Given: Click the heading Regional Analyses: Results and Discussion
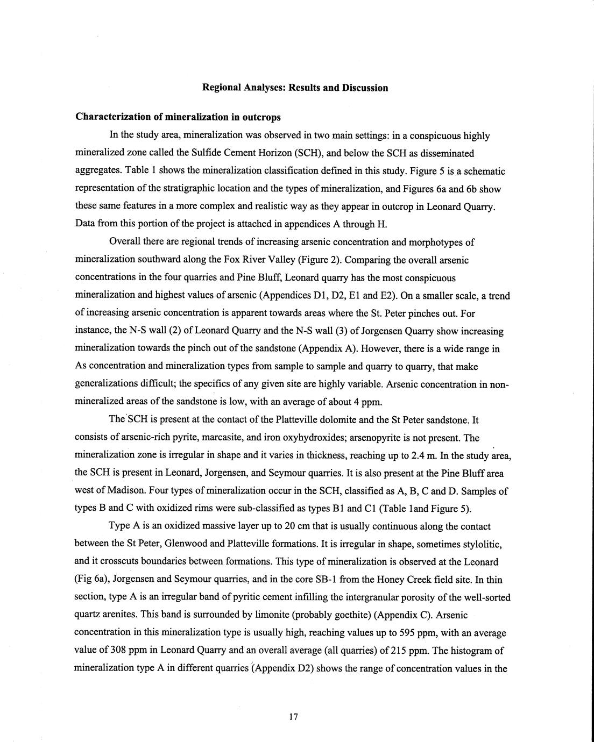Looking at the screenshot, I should tap(295, 88).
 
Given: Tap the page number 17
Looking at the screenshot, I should tap(293, 716).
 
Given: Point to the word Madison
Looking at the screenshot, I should tap(111, 491).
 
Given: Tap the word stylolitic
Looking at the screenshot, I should tap(482, 544).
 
